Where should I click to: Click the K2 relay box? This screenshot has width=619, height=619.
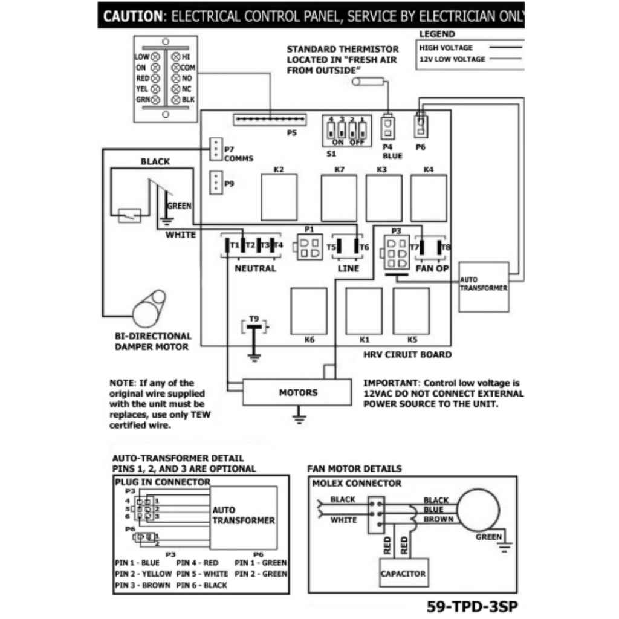pos(279,197)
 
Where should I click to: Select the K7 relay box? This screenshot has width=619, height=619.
pos(339,198)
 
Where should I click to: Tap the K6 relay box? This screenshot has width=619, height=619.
pos(309,311)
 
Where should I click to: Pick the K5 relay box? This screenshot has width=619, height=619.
pos(412,311)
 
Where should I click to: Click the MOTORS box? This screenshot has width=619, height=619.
pos(297,392)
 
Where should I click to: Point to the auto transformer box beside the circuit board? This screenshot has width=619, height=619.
pos(483,286)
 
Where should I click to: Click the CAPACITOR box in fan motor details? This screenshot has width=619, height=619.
pos(403,573)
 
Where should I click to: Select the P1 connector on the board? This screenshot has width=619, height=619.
pos(309,248)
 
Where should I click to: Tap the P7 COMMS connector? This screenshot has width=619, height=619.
pos(215,149)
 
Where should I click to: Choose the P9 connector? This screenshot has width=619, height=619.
pos(215,183)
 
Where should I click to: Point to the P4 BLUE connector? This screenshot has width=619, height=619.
pos(387,128)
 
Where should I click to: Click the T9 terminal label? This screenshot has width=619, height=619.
pos(254,319)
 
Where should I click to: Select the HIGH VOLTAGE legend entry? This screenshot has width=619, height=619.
pos(446,48)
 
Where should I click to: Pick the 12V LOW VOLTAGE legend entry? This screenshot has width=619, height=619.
pos(452,59)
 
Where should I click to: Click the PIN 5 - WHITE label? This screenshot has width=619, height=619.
pos(203,574)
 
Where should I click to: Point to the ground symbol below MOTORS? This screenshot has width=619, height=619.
pos(297,415)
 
